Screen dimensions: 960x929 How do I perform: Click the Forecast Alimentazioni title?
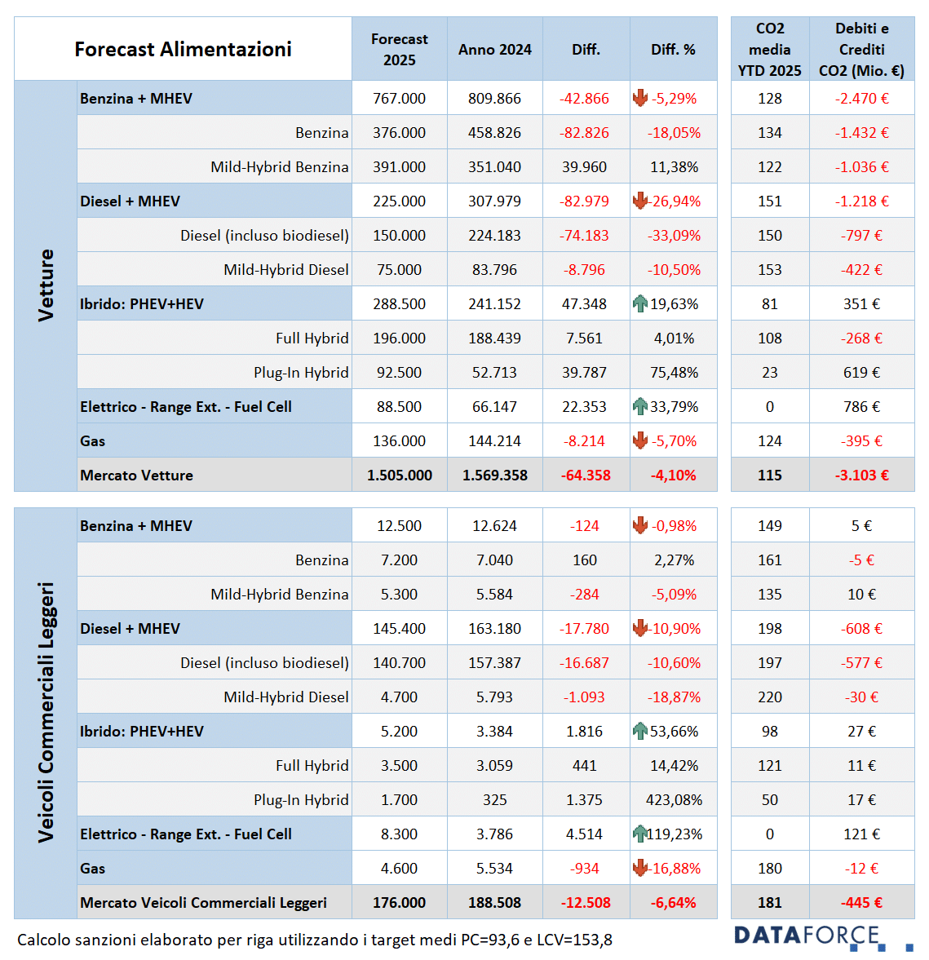[x=183, y=49]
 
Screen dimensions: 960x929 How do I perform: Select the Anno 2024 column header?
[x=494, y=50]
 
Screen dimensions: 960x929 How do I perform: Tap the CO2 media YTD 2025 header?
[x=769, y=50]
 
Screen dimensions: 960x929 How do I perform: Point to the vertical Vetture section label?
[x=46, y=285]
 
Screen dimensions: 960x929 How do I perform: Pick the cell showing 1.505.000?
[x=399, y=476]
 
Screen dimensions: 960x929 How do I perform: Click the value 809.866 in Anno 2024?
[x=494, y=99]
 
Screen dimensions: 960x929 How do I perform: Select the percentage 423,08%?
[x=674, y=800]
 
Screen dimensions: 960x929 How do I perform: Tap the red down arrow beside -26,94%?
[x=640, y=201]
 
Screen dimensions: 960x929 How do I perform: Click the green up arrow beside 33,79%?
[x=640, y=406]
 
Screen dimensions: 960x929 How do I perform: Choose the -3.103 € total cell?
[x=861, y=476]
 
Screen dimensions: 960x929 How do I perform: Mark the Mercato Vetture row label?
[x=136, y=476]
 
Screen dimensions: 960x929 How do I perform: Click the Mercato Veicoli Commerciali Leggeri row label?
[x=203, y=903]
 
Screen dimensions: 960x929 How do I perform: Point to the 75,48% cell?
[x=674, y=373]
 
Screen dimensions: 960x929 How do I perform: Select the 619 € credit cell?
[x=861, y=373]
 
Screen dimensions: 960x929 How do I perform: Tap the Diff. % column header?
[x=673, y=50]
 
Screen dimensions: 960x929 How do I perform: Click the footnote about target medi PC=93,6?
[x=314, y=940]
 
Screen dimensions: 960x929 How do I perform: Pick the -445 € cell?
[x=861, y=903]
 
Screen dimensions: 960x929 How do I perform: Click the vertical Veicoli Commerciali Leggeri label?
[x=46, y=712]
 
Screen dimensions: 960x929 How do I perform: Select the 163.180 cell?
[x=494, y=629]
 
